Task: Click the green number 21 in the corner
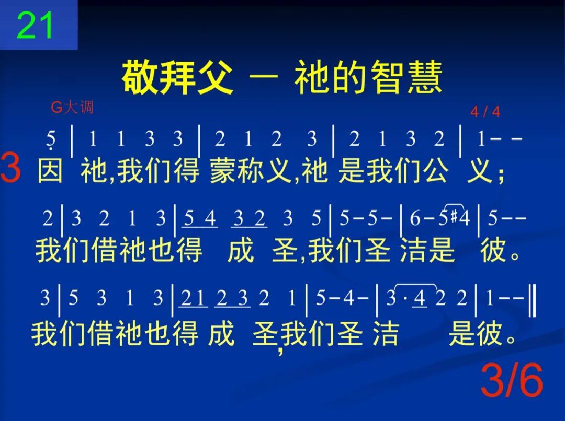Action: coord(36,25)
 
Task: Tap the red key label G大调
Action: coord(72,108)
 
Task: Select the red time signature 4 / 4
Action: coord(485,112)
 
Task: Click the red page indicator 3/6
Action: coord(512,381)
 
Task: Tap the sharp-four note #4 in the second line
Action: coord(460,217)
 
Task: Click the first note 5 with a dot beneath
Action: coord(51,139)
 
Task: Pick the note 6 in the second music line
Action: coord(414,217)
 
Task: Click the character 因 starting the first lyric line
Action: coord(51,171)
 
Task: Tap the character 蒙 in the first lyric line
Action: coord(222,171)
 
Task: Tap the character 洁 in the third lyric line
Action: coord(386,333)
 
